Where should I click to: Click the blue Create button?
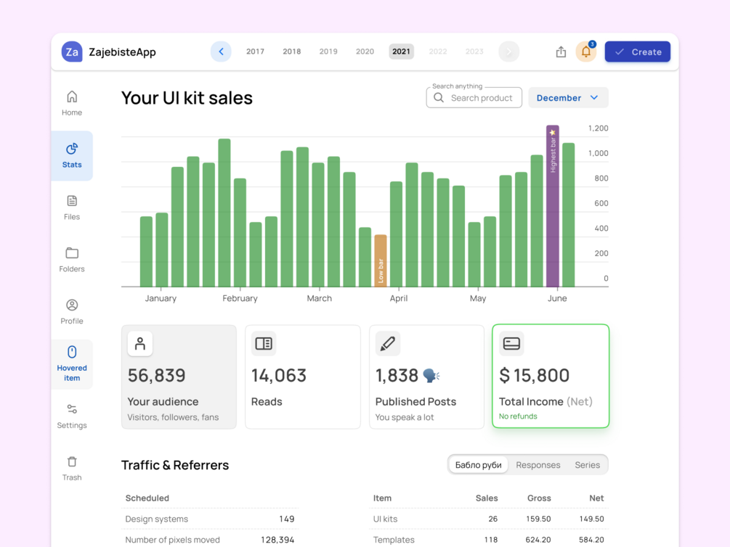point(637,52)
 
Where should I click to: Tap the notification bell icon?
point(585,52)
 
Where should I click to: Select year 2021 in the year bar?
point(401,52)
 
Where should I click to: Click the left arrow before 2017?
point(221,52)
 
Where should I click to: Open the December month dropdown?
point(568,98)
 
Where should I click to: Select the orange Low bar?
point(381,260)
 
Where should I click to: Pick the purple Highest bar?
point(553,206)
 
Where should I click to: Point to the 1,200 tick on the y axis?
point(598,128)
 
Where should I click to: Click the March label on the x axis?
point(319,298)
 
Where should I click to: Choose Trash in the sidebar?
point(72,468)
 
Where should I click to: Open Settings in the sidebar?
point(72,416)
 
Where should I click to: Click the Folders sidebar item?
point(72,259)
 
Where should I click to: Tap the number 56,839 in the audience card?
point(157,375)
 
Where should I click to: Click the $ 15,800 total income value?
point(535,375)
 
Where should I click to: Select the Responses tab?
point(538,465)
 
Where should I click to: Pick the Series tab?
point(587,465)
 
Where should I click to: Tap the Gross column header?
point(539,498)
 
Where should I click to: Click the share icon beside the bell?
point(561,52)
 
